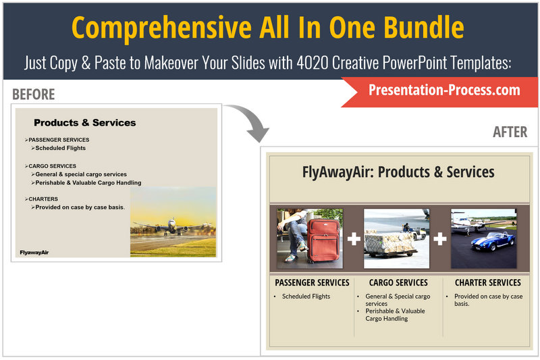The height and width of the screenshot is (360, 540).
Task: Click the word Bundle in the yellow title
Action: point(424,28)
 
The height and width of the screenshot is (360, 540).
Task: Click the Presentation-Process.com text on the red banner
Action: point(444,90)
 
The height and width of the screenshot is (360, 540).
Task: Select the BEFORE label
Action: point(33,94)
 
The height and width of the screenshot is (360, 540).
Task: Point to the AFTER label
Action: point(510,132)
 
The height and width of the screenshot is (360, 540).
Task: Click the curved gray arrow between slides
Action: point(253,119)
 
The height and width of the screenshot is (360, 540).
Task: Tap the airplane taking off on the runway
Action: point(173,226)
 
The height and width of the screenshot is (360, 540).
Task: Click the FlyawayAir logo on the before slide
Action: point(34,253)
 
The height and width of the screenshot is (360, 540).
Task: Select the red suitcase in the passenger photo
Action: point(323,240)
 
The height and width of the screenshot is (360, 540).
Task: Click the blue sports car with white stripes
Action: point(493,241)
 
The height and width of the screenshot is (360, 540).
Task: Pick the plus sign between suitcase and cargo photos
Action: point(354,238)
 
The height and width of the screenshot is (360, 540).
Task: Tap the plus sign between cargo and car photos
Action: point(440,238)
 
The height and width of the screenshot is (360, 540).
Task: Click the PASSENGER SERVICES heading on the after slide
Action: point(312,282)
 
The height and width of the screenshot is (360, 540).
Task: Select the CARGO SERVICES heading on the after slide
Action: point(398,282)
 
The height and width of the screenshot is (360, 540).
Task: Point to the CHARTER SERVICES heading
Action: point(487,282)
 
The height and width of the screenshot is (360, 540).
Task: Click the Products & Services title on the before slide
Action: point(85,123)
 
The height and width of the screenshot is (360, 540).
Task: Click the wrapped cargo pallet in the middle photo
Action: point(391,242)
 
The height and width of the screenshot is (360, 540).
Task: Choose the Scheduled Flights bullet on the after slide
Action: point(306,297)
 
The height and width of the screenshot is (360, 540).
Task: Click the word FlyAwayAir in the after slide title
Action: point(336,172)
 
